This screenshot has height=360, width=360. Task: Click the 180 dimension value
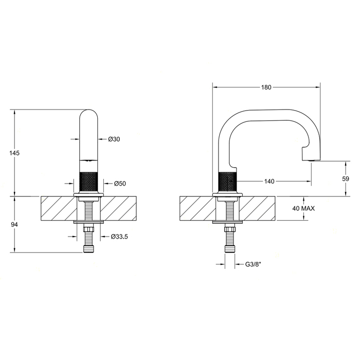pos(266,87)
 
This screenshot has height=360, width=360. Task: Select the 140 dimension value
pos(269,182)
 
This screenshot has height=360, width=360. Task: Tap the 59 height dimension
pos(346,178)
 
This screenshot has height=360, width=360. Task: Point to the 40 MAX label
pos(303,208)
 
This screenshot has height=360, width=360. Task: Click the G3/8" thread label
pos(254,264)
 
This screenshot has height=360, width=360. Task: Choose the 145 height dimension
pos(14,153)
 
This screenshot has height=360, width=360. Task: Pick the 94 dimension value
pos(14,225)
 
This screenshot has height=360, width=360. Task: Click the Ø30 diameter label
pos(114,139)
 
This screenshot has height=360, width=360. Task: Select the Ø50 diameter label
pos(120,184)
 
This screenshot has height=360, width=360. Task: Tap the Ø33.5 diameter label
pos(119,237)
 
